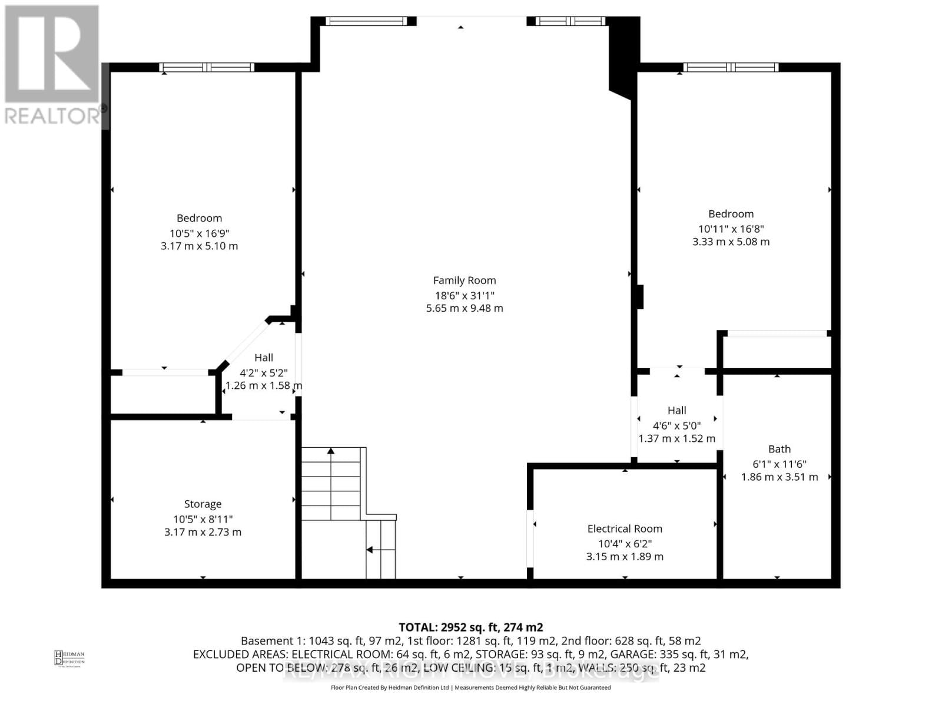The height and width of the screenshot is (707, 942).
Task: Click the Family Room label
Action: coord(465,280)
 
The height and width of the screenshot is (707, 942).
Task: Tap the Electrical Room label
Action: coord(625,528)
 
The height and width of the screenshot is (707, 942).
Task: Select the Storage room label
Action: coord(203,504)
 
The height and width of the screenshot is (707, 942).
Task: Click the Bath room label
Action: coord(779,449)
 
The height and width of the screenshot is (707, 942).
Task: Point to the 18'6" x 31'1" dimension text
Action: coord(465,295)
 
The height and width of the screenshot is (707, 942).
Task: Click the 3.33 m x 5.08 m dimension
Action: coord(731,242)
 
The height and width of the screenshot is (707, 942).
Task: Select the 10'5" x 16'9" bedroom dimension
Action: coord(199,233)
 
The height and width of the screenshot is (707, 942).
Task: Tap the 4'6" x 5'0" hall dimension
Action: coord(676,425)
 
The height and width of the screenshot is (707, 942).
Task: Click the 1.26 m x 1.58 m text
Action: coord(264,386)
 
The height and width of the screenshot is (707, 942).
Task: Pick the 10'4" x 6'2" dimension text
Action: coord(625,544)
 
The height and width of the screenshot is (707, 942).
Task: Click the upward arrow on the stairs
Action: coord(331,451)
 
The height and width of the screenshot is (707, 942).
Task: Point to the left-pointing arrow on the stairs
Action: coord(370,550)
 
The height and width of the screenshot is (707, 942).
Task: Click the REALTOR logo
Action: coord(52,65)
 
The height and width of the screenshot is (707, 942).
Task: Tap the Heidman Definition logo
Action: coord(69,658)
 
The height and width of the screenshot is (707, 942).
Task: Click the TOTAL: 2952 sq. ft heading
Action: coord(470,627)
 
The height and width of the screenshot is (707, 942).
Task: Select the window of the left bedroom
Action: coord(207,67)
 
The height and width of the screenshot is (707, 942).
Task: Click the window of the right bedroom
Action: coord(731,67)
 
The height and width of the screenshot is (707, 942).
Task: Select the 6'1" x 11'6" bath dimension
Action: coord(779,464)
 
